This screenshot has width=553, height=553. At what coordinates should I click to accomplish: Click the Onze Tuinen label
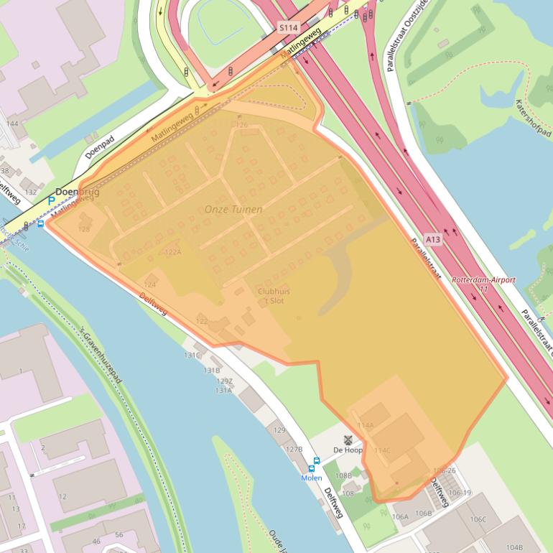click(x=233, y=209)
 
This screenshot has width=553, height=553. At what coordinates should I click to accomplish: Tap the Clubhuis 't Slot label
click(x=274, y=295)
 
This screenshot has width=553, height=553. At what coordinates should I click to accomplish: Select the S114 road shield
click(x=288, y=27)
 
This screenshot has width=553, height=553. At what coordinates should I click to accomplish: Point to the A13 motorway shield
click(x=432, y=239)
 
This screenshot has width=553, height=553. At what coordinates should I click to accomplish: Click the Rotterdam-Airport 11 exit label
click(x=483, y=284)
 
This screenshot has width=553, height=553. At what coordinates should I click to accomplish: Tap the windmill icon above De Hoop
click(x=348, y=439)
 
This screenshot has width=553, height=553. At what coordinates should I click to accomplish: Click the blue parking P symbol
click(x=51, y=201)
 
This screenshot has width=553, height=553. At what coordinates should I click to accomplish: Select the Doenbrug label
click(x=78, y=192)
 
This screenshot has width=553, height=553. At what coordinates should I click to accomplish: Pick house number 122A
click(x=172, y=252)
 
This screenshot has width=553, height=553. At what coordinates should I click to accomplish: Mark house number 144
click(x=11, y=124)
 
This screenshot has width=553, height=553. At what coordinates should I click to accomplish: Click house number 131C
click(x=192, y=355)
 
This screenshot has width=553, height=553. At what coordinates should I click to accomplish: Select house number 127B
click(x=294, y=449)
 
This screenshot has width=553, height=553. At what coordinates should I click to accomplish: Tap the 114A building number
click(x=365, y=425)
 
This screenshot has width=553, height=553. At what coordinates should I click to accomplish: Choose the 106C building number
click(x=478, y=519)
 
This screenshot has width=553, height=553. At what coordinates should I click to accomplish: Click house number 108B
click(x=344, y=475)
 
